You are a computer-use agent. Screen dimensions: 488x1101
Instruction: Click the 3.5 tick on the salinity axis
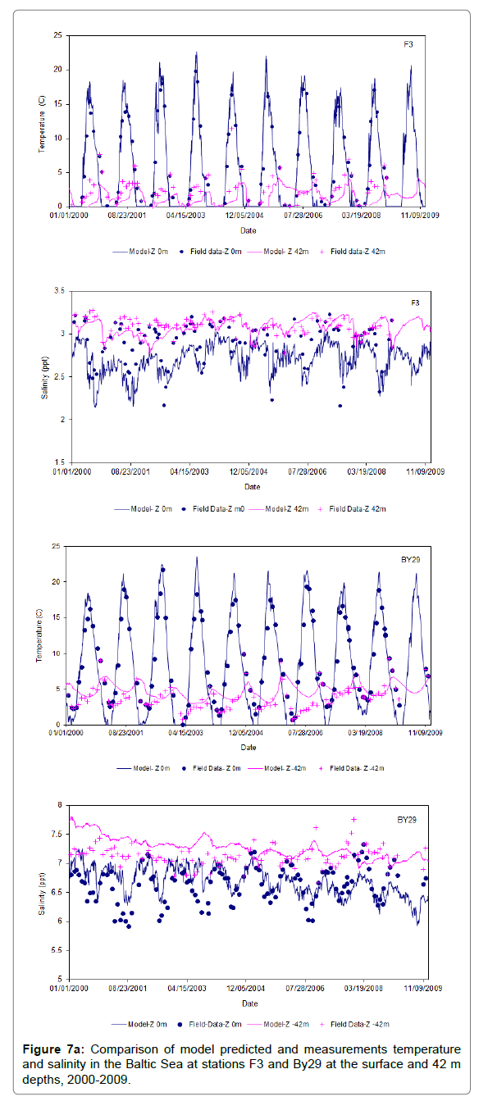[60, 291]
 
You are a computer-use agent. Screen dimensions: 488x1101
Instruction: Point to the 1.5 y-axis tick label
[60, 462]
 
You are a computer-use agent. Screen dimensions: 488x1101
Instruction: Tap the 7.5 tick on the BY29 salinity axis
[57, 834]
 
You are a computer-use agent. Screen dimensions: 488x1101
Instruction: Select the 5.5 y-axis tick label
[57, 950]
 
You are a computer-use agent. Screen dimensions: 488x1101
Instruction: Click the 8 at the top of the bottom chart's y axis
[60, 805]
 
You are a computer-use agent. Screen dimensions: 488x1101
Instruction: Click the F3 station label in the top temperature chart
[408, 44]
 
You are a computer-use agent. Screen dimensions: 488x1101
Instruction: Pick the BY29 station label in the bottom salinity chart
[407, 820]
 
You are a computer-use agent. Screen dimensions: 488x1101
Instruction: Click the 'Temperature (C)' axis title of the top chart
[42, 125]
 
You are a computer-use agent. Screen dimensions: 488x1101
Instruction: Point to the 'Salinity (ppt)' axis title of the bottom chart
[42, 894]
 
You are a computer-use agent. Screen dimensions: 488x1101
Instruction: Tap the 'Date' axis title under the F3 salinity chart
[253, 487]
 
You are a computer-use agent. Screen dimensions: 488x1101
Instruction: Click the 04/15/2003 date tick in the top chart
[186, 216]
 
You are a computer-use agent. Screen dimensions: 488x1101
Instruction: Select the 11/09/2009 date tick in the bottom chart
[423, 988]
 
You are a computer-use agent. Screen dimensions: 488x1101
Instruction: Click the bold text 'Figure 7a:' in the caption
[53, 1049]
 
